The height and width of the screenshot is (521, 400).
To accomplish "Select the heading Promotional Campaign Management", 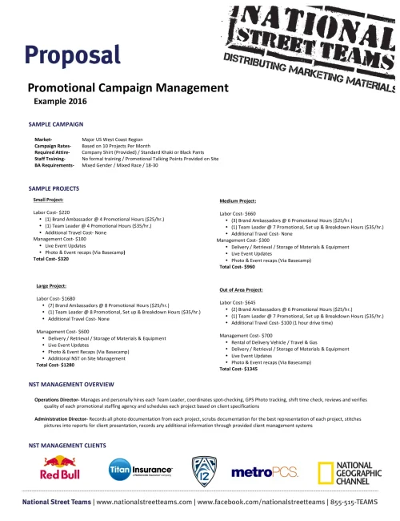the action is pyautogui.click(x=128, y=88).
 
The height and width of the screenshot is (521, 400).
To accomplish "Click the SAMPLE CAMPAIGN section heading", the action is pyautogui.click(x=56, y=126).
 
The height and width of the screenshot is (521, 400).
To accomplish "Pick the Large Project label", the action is pyautogui.click(x=52, y=285).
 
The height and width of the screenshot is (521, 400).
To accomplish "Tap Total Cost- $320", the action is pyautogui.click(x=50, y=259).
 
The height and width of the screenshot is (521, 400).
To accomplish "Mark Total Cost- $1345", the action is pyautogui.click(x=239, y=369).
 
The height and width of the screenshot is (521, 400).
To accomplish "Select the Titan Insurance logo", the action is pyautogui.click(x=140, y=470).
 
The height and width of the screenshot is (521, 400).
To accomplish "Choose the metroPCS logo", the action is pyautogui.click(x=264, y=472).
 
